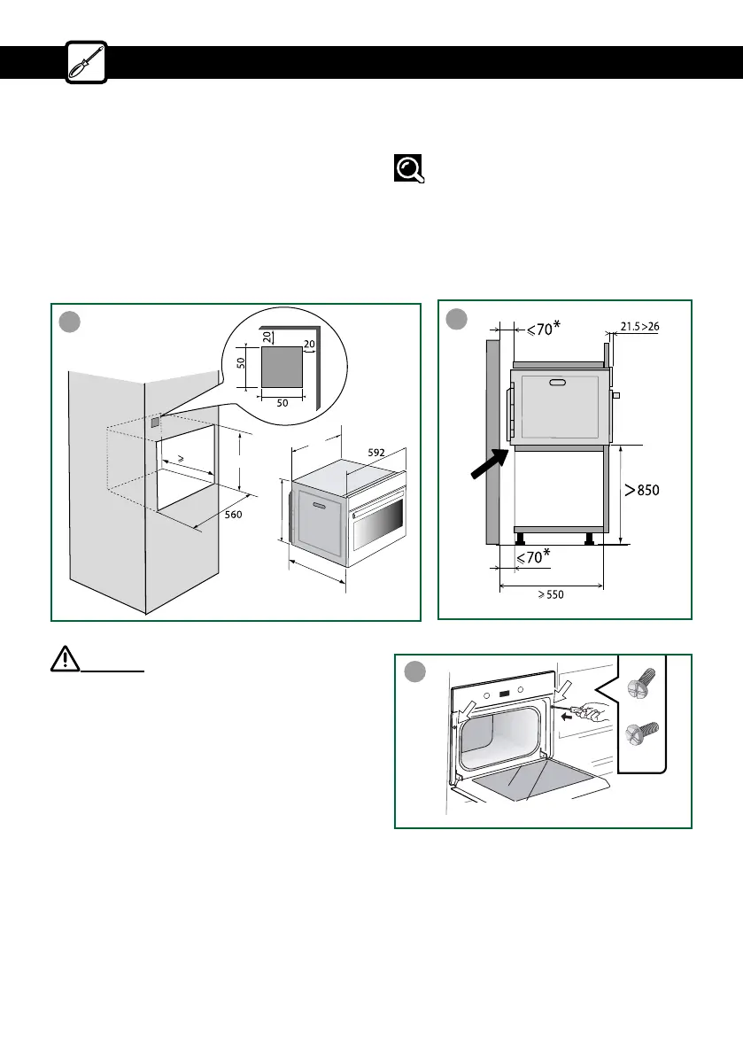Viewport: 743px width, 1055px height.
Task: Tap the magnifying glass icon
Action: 408,168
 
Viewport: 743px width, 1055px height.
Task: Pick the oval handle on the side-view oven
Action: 560,382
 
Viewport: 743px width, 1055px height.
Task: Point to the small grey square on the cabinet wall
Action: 156,422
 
